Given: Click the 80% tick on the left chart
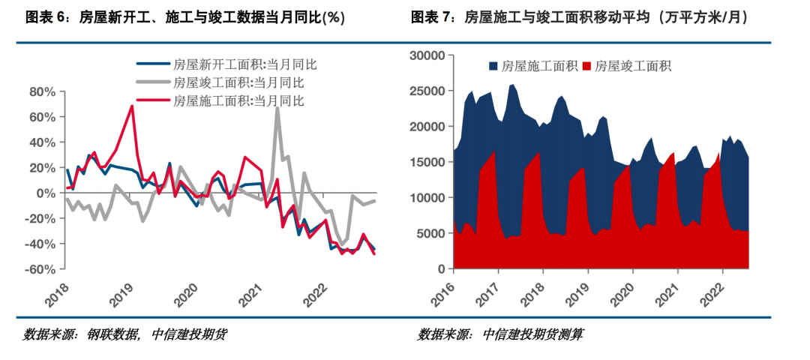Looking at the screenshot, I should pos(41,92).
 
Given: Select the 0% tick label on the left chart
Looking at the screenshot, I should pos(46,193).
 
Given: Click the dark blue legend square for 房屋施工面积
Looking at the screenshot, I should pos(493,66).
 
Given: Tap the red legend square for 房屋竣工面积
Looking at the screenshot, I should pos(586,66).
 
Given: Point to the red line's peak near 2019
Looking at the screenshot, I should pos(132,106).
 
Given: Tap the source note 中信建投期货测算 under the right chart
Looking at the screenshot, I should pos(533,335).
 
